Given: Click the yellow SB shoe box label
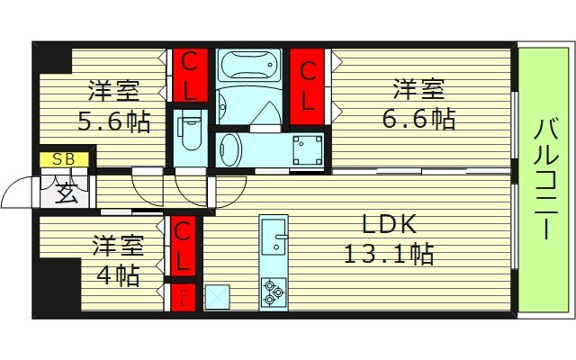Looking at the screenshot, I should [63, 160].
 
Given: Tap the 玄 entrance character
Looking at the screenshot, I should [64, 192].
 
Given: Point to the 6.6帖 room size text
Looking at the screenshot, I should [417, 118].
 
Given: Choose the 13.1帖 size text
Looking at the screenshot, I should [389, 255].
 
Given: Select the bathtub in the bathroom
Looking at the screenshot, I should [250, 65].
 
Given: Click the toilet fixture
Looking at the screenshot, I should [190, 132].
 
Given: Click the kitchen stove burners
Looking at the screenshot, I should [273, 291].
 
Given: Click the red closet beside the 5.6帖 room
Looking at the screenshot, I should [191, 76].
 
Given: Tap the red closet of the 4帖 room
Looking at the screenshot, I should [182, 247].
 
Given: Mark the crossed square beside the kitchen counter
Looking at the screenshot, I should [217, 296].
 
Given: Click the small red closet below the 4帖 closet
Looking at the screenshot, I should [182, 297].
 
